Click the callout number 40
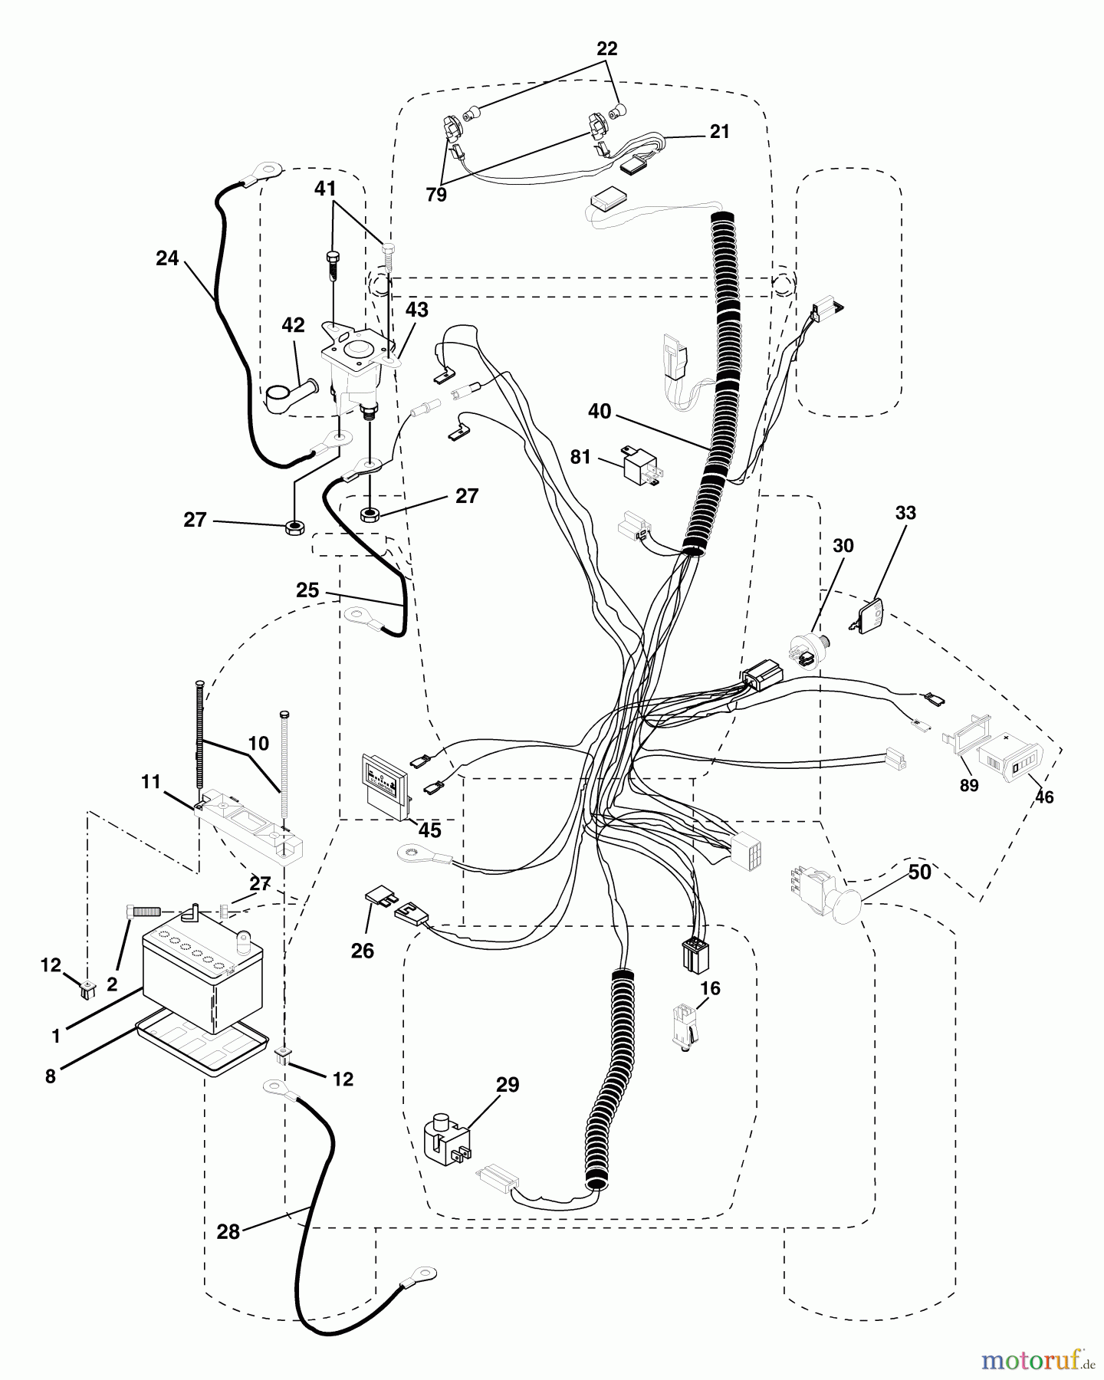600,412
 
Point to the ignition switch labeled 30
805,650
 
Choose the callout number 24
167,258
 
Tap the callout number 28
228,1231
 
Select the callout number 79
436,195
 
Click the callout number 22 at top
607,49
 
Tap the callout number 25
307,590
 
